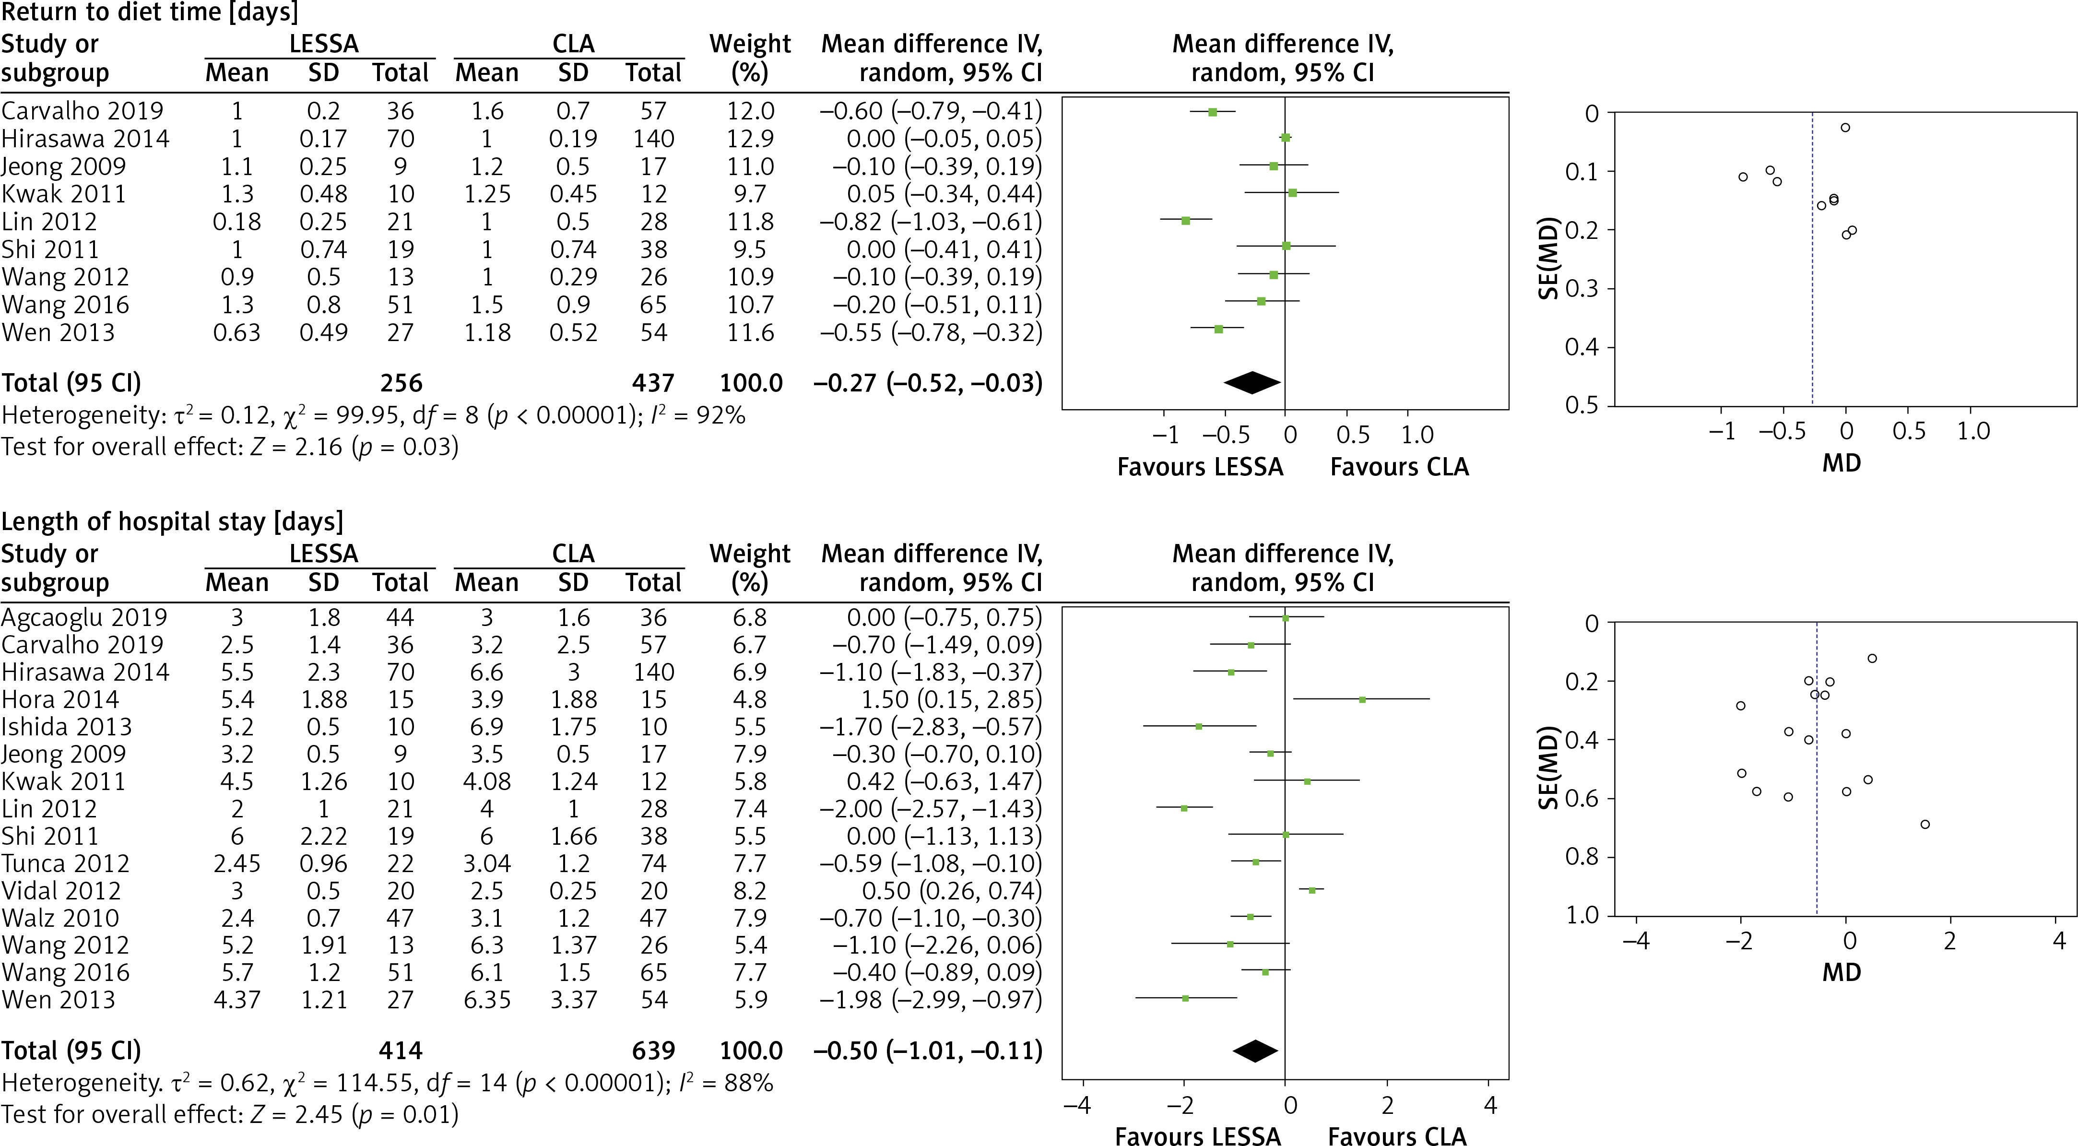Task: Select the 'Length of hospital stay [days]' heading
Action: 172,522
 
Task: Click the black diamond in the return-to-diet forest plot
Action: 1252,383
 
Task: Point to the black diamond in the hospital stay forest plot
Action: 1255,1051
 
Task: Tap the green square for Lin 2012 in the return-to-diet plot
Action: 1185,220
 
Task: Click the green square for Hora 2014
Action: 1362,699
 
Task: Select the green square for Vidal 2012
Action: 1311,890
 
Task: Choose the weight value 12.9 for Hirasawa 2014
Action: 750,139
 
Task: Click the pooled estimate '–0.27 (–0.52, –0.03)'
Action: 928,383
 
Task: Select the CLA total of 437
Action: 653,383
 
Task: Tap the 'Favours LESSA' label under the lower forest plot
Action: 1197,1135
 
